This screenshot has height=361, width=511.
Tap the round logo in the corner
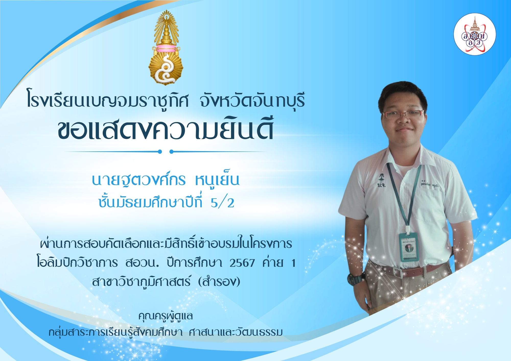pyautogui.click(x=475, y=34)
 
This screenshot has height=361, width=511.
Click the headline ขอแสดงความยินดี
pyautogui.click(x=166, y=129)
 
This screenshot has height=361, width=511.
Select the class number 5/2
pyautogui.click(x=222, y=203)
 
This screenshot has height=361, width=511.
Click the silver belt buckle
pyautogui.click(x=398, y=272)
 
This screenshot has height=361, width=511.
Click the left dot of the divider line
pyautogui.click(x=160, y=152)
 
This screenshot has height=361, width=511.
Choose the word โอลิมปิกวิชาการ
pyautogui.click(x=77, y=262)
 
